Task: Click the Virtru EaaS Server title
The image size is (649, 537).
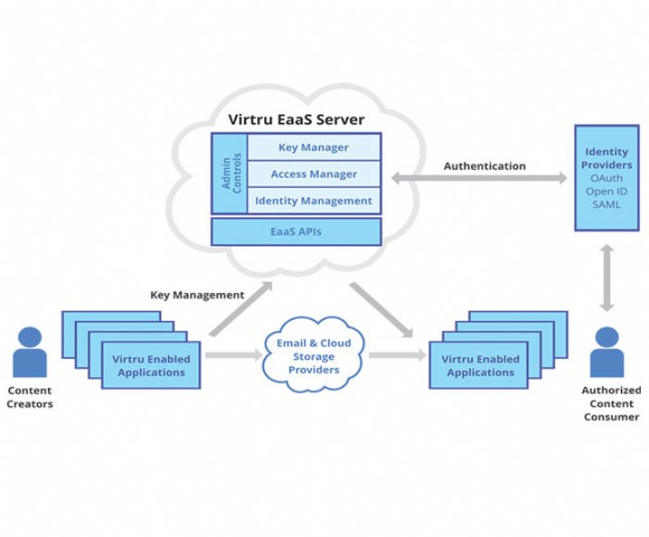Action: [x=297, y=120]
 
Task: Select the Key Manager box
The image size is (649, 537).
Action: [x=313, y=147]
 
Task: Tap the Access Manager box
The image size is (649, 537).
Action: [x=313, y=173]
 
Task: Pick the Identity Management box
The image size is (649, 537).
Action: [x=313, y=201]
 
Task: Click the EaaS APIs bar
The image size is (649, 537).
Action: [x=296, y=232]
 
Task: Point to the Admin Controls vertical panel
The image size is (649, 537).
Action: [x=230, y=173]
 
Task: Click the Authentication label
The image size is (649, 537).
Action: [x=485, y=166]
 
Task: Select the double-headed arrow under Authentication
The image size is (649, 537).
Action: [x=479, y=178]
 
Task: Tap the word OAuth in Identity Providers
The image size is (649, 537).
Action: [x=606, y=178]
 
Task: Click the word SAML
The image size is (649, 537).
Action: [x=606, y=205]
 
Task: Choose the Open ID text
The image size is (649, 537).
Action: [x=606, y=191]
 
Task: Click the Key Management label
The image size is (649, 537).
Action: [x=197, y=295]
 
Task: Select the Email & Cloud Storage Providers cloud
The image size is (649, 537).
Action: [x=313, y=355]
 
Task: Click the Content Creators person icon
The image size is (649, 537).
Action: [x=30, y=352]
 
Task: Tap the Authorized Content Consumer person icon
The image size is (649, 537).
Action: [x=606, y=352]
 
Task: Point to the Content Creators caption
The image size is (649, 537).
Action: [x=30, y=397]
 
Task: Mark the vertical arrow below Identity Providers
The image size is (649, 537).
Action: [x=607, y=278]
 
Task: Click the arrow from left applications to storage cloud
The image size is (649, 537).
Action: [x=234, y=355]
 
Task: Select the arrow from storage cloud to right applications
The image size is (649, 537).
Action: [x=398, y=355]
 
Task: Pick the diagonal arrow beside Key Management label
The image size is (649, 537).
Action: [x=240, y=309]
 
